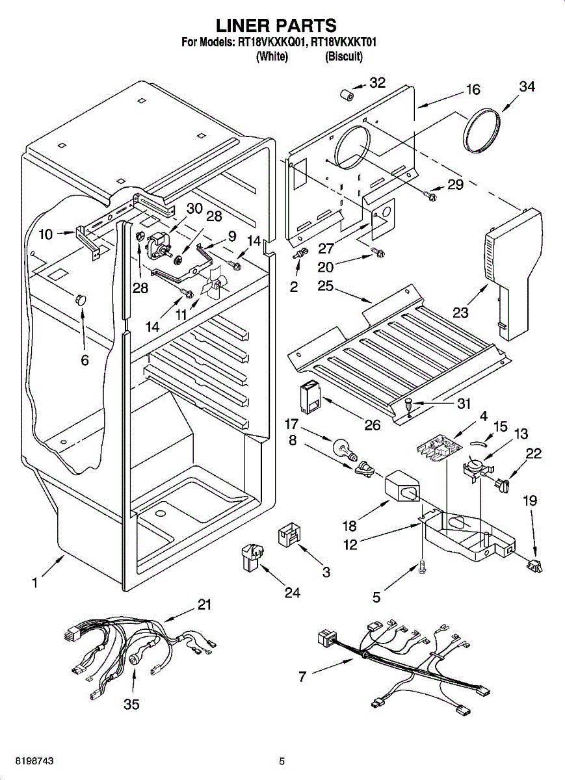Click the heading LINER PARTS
coord(276,25)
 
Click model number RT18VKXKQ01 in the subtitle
coord(272,43)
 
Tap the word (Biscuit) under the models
coord(344,57)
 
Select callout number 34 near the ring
coord(527,87)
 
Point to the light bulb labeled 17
coord(343,448)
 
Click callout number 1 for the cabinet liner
coord(34,583)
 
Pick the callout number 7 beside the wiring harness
coord(302,676)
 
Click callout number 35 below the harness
coord(131,705)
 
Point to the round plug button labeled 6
coord(81,299)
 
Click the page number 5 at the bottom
coord(282,760)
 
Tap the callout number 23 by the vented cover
coord(461,312)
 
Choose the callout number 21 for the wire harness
coord(205,604)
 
